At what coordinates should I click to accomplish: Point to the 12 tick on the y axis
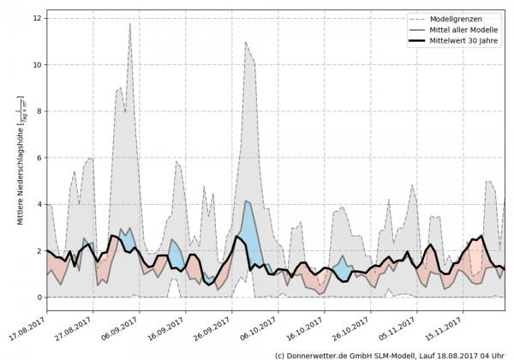(x=39, y=17)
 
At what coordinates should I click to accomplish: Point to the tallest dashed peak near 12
(x=129, y=24)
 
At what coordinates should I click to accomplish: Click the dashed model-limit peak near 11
(x=246, y=42)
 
